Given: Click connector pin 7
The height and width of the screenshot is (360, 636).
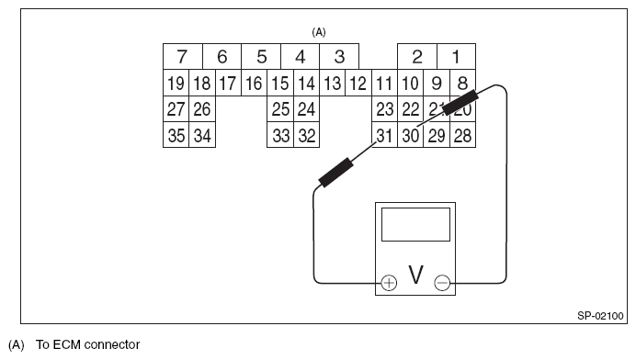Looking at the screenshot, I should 181,57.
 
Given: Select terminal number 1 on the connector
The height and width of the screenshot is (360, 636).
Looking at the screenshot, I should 457,57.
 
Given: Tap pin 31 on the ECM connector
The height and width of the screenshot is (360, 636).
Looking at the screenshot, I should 384,136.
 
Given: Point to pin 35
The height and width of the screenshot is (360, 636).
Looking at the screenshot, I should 176,136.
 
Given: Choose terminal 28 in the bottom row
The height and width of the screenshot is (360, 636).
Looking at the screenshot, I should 463,136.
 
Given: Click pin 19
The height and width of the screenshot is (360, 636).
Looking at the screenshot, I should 176,84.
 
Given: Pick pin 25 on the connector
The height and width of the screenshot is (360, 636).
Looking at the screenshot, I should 280,109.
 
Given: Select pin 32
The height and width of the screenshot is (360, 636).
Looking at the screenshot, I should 307,136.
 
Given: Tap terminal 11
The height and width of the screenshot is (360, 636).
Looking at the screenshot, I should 384,84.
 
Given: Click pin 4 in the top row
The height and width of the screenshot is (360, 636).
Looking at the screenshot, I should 300,57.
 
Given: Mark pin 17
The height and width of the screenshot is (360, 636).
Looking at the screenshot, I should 228,84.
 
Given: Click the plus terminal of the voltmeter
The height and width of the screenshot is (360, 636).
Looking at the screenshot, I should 389,283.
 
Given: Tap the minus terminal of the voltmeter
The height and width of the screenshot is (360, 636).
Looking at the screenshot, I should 442,283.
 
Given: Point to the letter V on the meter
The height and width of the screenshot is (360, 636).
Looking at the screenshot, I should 415,276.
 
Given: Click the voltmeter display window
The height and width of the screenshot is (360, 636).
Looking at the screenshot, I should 415,224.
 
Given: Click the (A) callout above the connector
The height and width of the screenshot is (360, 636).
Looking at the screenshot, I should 319,31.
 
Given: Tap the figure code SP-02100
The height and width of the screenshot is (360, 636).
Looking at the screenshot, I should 595,315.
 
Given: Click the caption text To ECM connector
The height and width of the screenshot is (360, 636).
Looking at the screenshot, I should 88,345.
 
